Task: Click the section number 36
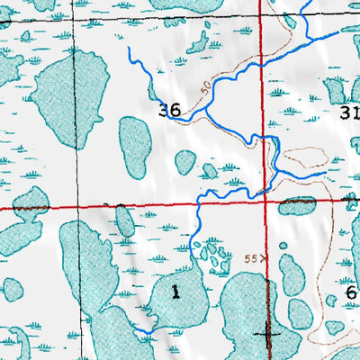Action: [x=169, y=111]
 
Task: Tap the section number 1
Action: [x=175, y=291]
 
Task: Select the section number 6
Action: [x=350, y=292]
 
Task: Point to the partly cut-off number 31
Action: [x=350, y=112]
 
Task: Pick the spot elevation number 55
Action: [x=251, y=258]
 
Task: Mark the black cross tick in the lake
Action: [x=267, y=333]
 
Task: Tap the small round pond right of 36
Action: [x=185, y=162]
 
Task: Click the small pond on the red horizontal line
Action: [x=296, y=206]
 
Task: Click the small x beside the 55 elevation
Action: [x=264, y=258]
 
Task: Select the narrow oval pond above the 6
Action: [x=291, y=274]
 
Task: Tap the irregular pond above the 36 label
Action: [x=196, y=40]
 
